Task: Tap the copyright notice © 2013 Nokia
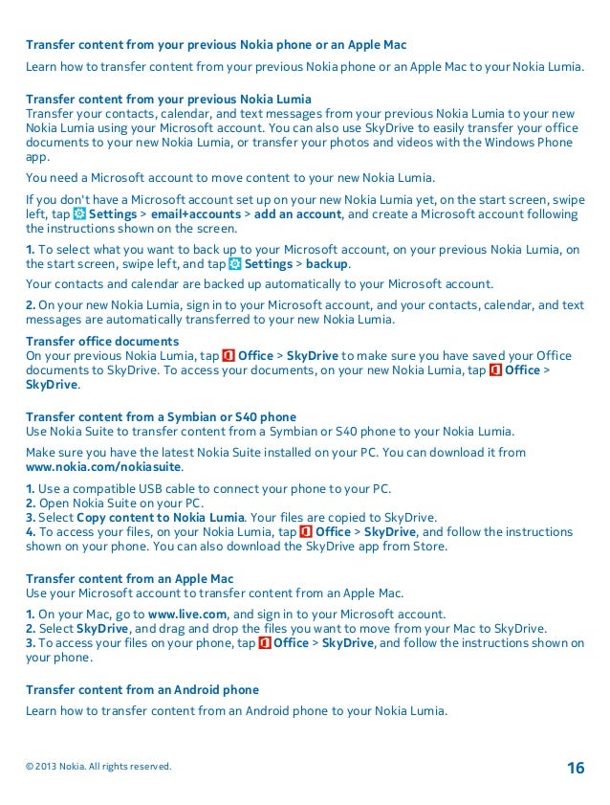[98, 767]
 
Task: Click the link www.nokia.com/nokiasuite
[103, 467]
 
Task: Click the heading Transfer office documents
[102, 341]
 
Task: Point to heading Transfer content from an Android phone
[142, 689]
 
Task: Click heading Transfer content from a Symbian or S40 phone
[161, 416]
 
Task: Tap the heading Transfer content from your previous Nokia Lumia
[167, 99]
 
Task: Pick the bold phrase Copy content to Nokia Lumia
[161, 517]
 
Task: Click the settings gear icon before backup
[235, 264]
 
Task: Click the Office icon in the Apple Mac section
[263, 643]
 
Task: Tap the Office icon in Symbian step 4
[305, 531]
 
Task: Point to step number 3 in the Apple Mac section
[31, 643]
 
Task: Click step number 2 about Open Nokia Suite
[31, 503]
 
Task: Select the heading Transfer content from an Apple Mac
[129, 578]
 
